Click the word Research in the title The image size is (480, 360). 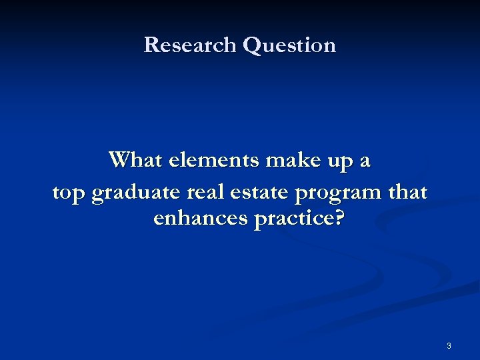(x=191, y=45)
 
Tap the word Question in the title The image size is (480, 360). (x=289, y=45)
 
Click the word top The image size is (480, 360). (x=69, y=193)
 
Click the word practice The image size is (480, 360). (x=291, y=219)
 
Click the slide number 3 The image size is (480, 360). (x=449, y=346)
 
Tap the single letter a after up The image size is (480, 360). (x=365, y=162)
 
